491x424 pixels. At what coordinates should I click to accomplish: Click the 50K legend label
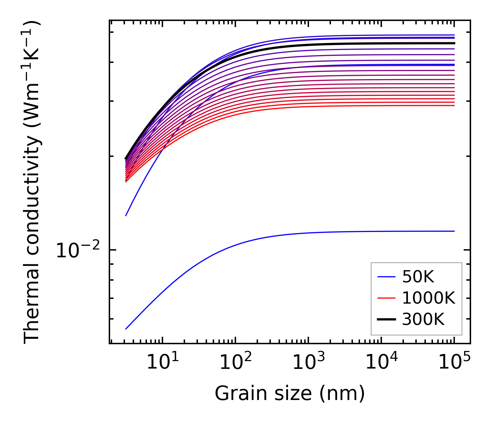click(418, 277)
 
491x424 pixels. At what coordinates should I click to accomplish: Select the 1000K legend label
click(429, 298)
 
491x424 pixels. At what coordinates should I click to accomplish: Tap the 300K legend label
click(423, 319)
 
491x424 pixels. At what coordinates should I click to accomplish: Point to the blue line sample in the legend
click(386, 277)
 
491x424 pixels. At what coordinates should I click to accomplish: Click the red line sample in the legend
click(386, 298)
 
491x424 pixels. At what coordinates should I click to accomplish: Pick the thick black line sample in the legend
click(386, 319)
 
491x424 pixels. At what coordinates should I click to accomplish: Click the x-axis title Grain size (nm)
click(290, 394)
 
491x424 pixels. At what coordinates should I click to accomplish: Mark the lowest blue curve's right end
click(454, 231)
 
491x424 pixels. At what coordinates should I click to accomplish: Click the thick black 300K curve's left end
click(126, 159)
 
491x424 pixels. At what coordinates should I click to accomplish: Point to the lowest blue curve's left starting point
click(126, 329)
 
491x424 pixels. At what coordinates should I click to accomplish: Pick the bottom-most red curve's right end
click(454, 105)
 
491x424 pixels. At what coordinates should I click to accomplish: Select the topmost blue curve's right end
click(454, 35)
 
